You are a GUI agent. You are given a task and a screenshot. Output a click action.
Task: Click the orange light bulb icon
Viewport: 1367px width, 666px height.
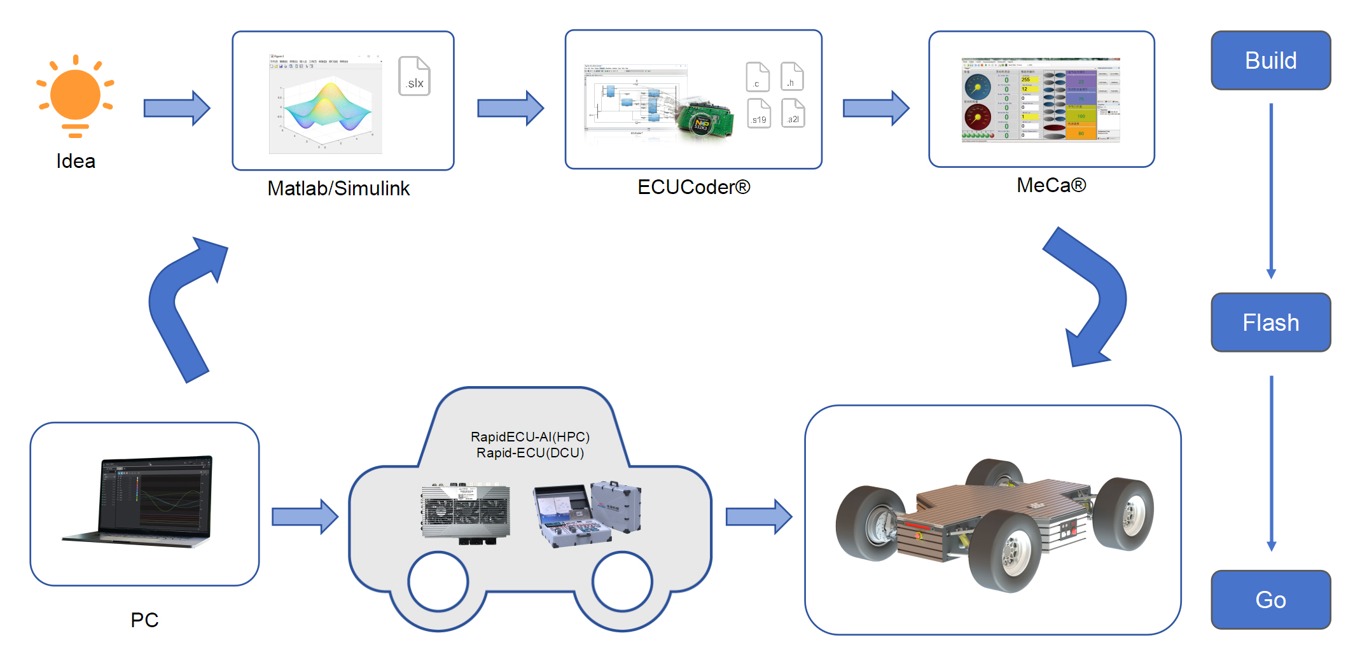[x=75, y=95]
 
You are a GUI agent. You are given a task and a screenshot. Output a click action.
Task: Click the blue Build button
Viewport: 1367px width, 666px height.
[x=1270, y=60]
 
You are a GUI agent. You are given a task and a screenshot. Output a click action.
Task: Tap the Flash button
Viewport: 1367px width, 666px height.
[x=1270, y=323]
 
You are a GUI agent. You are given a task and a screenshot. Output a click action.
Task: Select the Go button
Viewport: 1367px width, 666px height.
[x=1270, y=599]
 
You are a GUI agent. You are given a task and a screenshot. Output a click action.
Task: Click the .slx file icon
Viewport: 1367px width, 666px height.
[x=414, y=76]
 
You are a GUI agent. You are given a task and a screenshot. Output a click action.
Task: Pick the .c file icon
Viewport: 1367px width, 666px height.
[x=757, y=77]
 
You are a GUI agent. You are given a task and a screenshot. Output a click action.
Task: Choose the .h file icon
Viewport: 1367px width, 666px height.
[x=791, y=76]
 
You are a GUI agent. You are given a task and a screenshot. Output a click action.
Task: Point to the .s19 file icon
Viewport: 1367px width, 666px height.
[x=758, y=113]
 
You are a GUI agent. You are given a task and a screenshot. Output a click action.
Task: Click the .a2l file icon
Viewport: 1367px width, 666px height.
[x=793, y=113]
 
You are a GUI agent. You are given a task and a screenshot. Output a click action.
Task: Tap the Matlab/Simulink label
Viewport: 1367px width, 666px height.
[x=338, y=188]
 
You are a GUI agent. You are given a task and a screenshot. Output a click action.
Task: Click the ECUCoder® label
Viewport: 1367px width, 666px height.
[x=693, y=187]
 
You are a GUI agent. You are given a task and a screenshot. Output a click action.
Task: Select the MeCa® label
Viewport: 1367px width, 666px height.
[x=1051, y=185]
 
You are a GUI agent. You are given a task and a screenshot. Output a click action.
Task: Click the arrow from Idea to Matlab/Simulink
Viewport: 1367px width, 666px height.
[x=176, y=108]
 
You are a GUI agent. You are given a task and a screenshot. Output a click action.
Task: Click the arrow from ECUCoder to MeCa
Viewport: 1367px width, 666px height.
[x=875, y=108]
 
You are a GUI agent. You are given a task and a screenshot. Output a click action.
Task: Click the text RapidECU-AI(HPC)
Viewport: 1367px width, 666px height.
[x=530, y=437]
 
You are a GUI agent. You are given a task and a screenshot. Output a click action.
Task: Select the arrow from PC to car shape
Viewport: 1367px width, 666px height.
[x=304, y=517]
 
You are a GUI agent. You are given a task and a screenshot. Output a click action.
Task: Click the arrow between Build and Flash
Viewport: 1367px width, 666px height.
[x=1271, y=191]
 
